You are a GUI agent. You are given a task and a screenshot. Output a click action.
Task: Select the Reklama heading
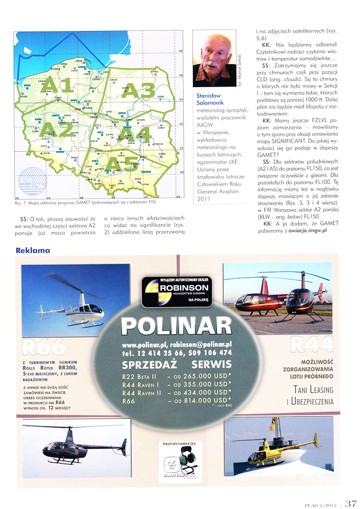pos(33,250)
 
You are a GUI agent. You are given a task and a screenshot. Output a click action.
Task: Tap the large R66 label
pos(44,346)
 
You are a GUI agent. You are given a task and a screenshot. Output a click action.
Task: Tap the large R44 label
pos(311,344)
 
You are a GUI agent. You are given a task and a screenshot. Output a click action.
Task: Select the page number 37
pos(350,503)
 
